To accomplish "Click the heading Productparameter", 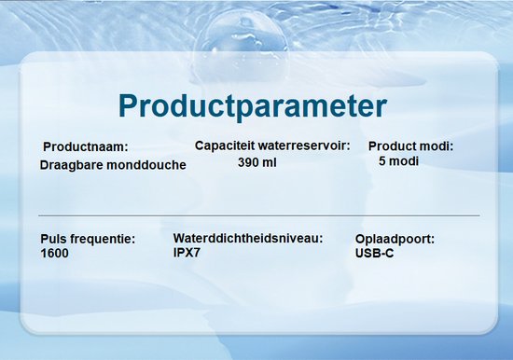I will (x=253, y=104).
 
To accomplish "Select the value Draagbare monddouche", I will (x=113, y=165).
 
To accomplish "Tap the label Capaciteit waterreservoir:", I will (x=272, y=145).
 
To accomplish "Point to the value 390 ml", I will (x=258, y=162).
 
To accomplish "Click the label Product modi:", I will (x=410, y=146).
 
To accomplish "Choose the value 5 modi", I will (x=398, y=161).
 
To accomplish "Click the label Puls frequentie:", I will (x=89, y=240).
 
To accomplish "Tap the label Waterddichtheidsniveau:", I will (x=248, y=239).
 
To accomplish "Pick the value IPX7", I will (x=188, y=252).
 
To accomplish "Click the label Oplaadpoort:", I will (x=395, y=240).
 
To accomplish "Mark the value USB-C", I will (x=375, y=253).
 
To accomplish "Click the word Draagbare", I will (x=70, y=165).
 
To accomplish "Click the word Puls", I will (x=55, y=240).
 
